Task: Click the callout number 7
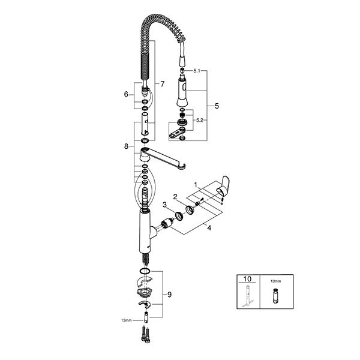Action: tap(163, 84)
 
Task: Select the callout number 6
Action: tap(126, 94)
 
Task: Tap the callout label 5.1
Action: tap(197, 71)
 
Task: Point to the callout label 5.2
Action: tap(200, 120)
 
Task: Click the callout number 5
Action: tap(217, 106)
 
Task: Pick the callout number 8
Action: tap(126, 146)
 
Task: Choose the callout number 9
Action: tap(169, 295)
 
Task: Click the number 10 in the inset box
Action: tap(247, 279)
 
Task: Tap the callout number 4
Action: tap(209, 228)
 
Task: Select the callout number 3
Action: tap(164, 205)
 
